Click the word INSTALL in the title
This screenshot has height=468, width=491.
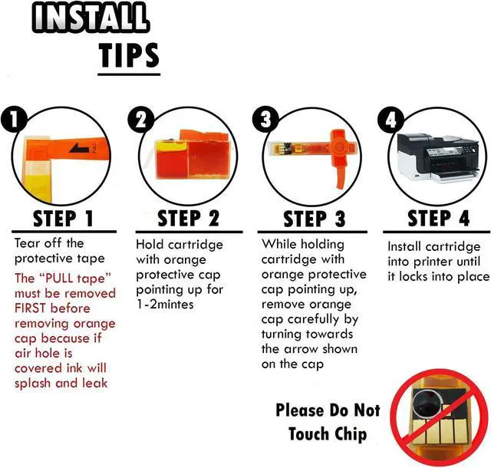pyautogui.click(x=91, y=17)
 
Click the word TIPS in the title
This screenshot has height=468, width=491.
pyautogui.click(x=130, y=55)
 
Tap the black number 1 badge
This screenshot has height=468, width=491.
pyautogui.click(x=14, y=119)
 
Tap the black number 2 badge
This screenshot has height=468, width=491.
pyautogui.click(x=141, y=120)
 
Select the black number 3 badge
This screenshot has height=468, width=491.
pyautogui.click(x=265, y=120)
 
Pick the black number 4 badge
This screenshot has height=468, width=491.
pyautogui.click(x=390, y=120)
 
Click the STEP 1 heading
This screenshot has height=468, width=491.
pyautogui.click(x=64, y=219)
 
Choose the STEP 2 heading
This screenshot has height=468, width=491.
pyautogui.click(x=189, y=219)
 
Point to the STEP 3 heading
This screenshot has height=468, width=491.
pyautogui.click(x=314, y=219)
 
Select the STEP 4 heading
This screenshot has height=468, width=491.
pyautogui.click(x=438, y=218)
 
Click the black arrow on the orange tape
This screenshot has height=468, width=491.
pyautogui.click(x=79, y=148)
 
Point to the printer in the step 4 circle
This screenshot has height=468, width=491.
pyautogui.click(x=438, y=157)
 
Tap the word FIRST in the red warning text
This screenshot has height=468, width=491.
pyautogui.click(x=30, y=308)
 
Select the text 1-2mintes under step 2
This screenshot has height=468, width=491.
pyautogui.click(x=166, y=305)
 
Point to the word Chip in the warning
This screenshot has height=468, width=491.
pyautogui.click(x=351, y=434)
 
